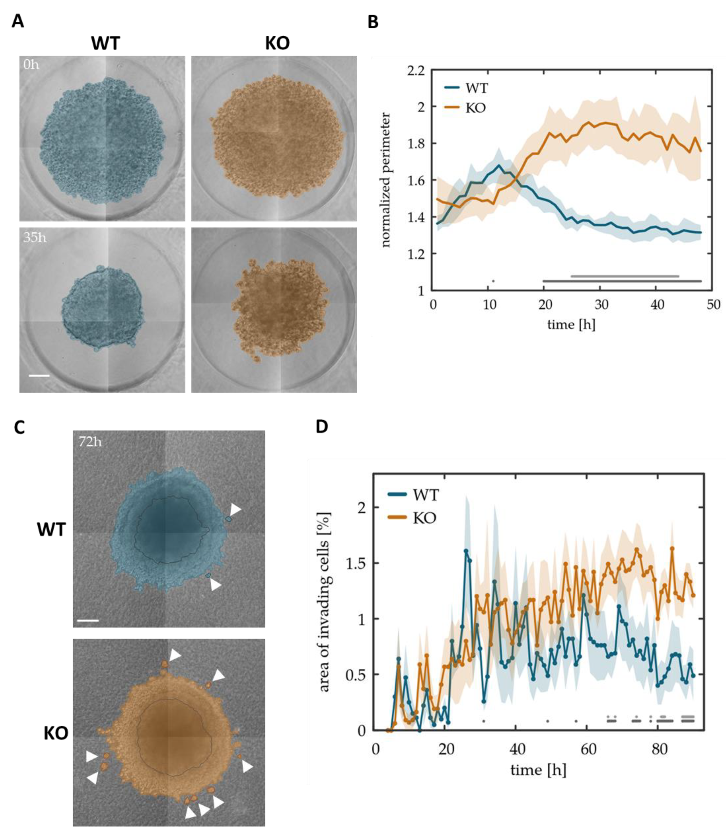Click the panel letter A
(x=18, y=21)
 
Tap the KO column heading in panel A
(x=277, y=43)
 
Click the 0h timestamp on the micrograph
(x=31, y=65)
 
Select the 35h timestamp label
(x=34, y=238)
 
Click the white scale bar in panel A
(x=39, y=376)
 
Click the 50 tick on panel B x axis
(x=714, y=305)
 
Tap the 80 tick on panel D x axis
(x=659, y=749)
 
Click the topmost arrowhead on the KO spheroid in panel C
(x=175, y=655)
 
